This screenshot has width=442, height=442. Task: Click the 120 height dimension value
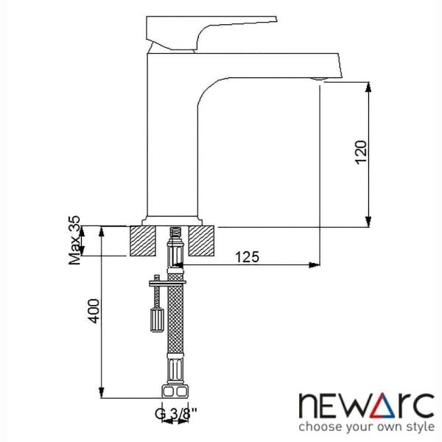coord(360,151)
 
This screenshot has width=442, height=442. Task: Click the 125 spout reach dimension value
coord(248,257)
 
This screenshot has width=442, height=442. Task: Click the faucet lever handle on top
coord(210,30)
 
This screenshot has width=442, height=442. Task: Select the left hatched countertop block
coord(143,241)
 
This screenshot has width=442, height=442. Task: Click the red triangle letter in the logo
coord(365,405)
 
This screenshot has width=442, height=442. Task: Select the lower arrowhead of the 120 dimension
coord(368,220)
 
